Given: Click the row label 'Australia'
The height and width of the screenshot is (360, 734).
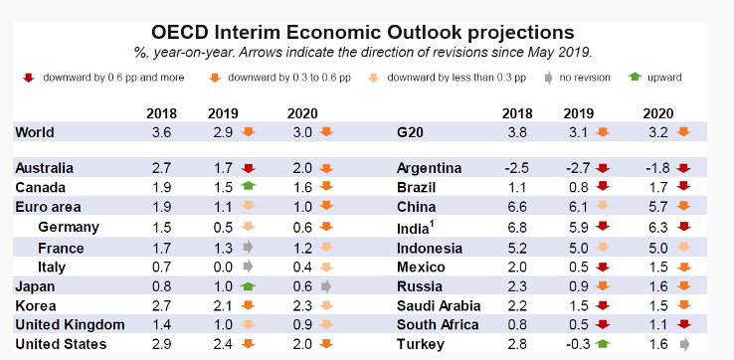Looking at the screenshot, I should coord(45,168).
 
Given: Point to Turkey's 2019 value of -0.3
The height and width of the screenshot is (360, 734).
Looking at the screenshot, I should coord(577,343).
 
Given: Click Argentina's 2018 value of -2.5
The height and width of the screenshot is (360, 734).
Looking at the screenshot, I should coord(514,168).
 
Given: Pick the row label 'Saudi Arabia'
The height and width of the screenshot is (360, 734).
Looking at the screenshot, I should coord(439,305).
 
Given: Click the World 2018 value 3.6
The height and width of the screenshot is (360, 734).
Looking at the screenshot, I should coord(162,131).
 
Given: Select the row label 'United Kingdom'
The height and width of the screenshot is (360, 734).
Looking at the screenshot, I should coord(70,324).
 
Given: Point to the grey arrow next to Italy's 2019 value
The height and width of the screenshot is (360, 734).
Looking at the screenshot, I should coord(249,267).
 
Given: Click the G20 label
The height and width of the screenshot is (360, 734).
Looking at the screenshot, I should coord(411,131).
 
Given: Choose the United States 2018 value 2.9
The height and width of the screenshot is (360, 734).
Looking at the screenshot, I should coord(162,343).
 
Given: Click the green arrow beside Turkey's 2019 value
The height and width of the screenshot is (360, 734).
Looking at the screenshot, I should coord(602,344).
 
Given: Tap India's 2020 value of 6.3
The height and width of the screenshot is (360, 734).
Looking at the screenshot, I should coord(656,227).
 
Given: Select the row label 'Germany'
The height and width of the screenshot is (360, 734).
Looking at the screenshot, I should coord(68,227).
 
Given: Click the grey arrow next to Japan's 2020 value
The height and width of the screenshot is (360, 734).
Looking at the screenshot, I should coord(327,285).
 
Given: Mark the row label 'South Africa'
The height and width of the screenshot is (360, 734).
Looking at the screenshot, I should coord(437,324).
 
